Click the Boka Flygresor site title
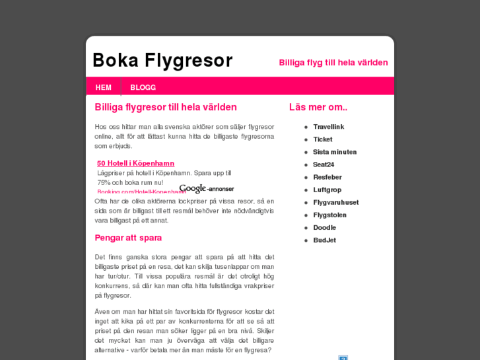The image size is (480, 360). (x=162, y=60)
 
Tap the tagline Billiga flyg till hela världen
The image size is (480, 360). (x=333, y=63)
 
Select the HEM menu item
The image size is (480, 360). (x=103, y=87)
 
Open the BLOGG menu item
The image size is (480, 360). (x=143, y=87)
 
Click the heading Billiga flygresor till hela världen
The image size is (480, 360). (x=166, y=107)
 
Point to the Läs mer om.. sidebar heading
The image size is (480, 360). (x=318, y=107)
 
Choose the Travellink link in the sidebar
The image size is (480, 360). (x=328, y=126)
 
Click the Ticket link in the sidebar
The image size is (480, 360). (x=322, y=139)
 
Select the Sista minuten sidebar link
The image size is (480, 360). (x=335, y=152)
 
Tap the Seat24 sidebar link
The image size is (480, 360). (x=324, y=164)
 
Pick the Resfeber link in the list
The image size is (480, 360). (x=327, y=177)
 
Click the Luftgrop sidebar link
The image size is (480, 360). (x=327, y=190)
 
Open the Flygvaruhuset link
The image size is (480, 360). (x=335, y=202)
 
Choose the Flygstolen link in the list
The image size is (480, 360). (x=329, y=215)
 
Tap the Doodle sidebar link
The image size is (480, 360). (x=324, y=227)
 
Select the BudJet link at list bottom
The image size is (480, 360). (x=324, y=240)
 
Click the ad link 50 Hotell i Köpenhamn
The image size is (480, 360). (x=135, y=163)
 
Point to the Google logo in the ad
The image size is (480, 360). (x=193, y=189)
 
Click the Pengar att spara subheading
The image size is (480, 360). (x=128, y=238)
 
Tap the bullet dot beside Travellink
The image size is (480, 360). (x=306, y=127)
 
